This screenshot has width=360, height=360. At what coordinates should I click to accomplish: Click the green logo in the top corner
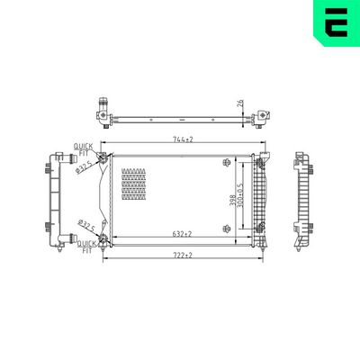pyautogui.click(x=336, y=23)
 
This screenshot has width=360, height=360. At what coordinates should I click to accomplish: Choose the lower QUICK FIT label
pyautogui.click(x=86, y=247)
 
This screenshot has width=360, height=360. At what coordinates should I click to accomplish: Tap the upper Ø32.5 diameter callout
pyautogui.click(x=86, y=167)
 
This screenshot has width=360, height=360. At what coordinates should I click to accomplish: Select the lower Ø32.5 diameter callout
pyautogui.click(x=87, y=225)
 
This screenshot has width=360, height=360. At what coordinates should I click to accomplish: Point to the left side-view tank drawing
pyautogui.click(x=56, y=200)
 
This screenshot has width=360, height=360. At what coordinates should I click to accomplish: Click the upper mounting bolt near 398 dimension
pyautogui.click(x=225, y=162)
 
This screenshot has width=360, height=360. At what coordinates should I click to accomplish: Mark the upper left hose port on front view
pyautogui.click(x=104, y=161)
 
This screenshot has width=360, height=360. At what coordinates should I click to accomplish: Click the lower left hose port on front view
pyautogui.click(x=104, y=239)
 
